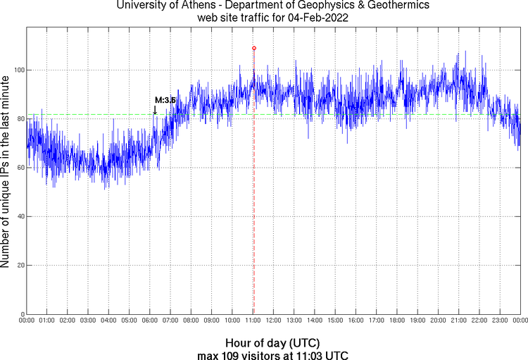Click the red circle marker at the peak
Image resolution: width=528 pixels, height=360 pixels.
(x=254, y=48)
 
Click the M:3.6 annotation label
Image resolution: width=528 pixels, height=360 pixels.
(x=165, y=101)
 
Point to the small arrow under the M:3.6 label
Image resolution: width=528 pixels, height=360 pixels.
(x=155, y=110)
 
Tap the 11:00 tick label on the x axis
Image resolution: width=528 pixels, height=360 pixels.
(x=253, y=321)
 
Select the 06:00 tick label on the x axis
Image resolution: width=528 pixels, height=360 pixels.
(x=150, y=321)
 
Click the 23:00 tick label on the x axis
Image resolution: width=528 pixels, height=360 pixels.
(x=499, y=321)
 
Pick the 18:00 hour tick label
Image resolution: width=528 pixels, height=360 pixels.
(x=396, y=321)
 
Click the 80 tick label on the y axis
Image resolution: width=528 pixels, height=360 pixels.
(x=19, y=119)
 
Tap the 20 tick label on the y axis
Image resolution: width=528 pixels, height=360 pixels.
(x=19, y=266)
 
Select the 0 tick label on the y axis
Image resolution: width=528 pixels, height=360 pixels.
(x=21, y=314)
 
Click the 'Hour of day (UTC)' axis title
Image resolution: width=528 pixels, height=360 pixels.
(x=273, y=343)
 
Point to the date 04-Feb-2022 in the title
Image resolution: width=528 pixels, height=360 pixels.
(x=319, y=18)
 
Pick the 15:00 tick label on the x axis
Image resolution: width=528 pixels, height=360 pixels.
(x=335, y=321)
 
